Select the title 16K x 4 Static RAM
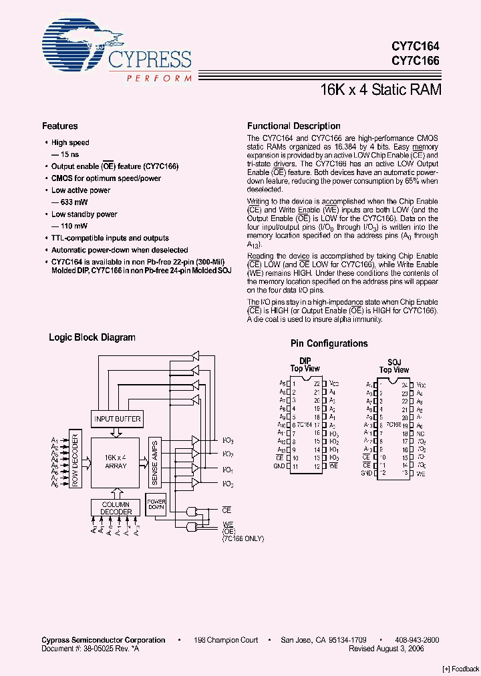pyautogui.click(x=381, y=90)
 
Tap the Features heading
pyautogui.click(x=60, y=126)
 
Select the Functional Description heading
pyautogui.click(x=293, y=126)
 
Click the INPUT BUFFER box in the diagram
pyautogui.click(x=118, y=419)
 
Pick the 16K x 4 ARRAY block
pyautogui.click(x=116, y=461)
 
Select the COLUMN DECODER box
pyautogui.click(x=116, y=508)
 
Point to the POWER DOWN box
pyautogui.click(x=156, y=505)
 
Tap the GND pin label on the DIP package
pyautogui.click(x=280, y=466)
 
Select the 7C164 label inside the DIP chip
pyautogui.click(x=305, y=425)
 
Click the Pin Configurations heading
pyautogui.click(x=329, y=343)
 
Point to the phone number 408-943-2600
pyautogui.click(x=417, y=640)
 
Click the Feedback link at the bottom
pyautogui.click(x=461, y=669)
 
